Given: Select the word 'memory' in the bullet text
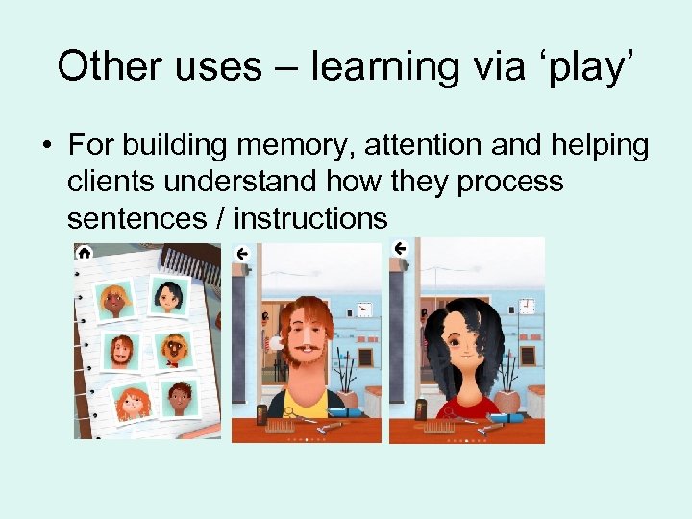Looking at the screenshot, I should (x=292, y=146).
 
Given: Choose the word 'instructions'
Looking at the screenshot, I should (x=310, y=218).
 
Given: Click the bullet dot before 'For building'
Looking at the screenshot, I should (x=46, y=147).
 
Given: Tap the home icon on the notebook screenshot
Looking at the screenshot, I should (x=85, y=252).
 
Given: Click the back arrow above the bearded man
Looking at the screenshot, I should (x=242, y=253).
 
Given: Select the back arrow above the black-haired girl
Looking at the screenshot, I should (x=400, y=249).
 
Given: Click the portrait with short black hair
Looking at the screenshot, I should (x=169, y=298).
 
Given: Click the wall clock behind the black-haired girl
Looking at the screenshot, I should (x=527, y=307).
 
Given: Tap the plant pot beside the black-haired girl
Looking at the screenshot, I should (x=509, y=400).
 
